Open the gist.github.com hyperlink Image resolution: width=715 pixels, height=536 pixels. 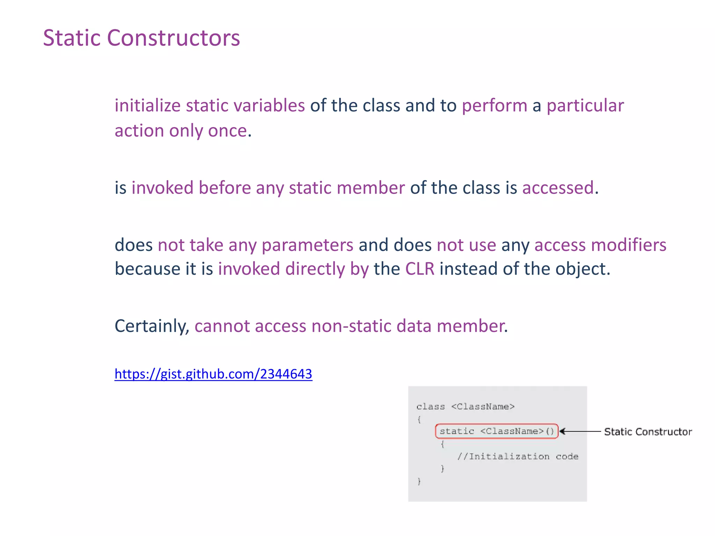point(213,374)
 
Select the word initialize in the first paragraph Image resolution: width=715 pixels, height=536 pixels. point(147,105)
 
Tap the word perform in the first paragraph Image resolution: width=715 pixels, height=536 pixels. point(494,105)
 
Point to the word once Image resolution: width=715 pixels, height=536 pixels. point(228,131)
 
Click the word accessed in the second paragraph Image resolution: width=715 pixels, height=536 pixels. point(558,188)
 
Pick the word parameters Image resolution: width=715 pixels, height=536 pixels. point(307,245)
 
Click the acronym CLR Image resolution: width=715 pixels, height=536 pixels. point(420,269)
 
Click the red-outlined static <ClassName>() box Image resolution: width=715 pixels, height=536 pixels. point(496,431)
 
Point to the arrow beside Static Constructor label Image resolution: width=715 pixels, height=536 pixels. point(580,432)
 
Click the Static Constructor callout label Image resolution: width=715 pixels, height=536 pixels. point(648,432)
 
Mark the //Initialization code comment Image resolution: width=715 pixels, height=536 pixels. point(518,456)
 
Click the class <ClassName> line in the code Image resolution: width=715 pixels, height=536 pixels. point(465,407)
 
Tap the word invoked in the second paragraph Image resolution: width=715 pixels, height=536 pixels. point(162,188)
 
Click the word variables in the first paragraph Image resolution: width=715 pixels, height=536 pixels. point(269,105)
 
